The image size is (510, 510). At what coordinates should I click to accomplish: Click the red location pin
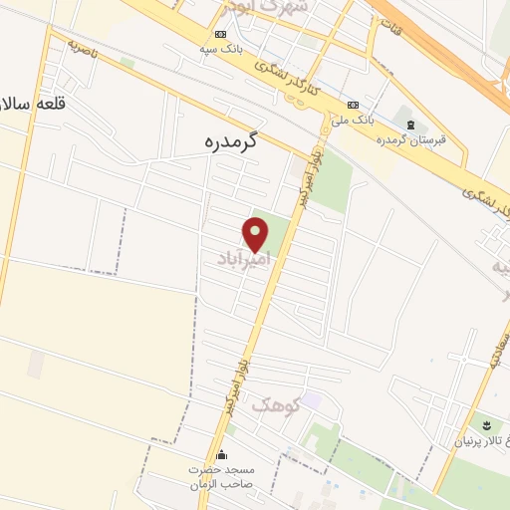257,235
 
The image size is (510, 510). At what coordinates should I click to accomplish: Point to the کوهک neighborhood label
275,404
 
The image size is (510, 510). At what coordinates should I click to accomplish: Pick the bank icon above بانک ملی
354,106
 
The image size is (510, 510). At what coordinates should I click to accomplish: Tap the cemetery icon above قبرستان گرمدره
410,124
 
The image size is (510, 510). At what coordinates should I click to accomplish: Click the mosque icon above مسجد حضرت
221,454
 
